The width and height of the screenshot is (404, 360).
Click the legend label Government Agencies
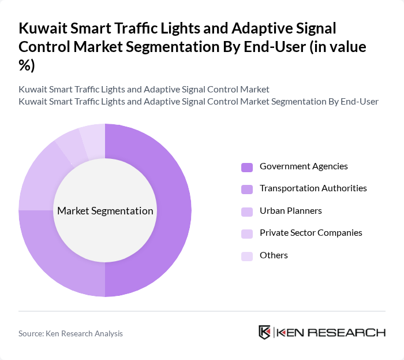[304, 166]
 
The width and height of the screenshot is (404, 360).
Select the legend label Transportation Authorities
[313, 188]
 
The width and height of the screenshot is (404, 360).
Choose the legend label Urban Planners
[291, 210]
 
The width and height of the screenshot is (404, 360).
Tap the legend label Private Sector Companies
[311, 233]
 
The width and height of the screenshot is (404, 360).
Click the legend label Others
[274, 255]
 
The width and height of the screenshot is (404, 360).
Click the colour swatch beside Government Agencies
[247, 167]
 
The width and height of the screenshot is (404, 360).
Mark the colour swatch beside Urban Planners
[247, 211]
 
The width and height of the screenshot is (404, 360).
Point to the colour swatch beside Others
[247, 256]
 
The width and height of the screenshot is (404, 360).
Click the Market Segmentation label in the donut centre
[105, 211]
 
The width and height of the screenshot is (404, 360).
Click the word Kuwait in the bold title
[41, 28]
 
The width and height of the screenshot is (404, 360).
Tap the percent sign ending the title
[25, 65]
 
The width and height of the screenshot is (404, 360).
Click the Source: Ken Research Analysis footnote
[70, 333]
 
